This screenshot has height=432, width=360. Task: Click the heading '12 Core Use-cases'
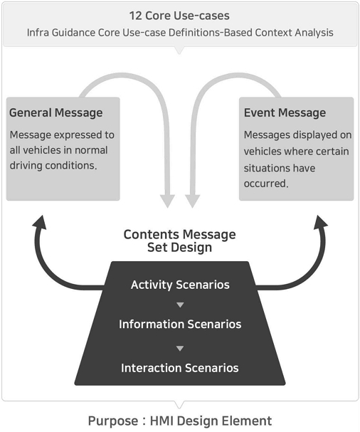pyautogui.click(x=179, y=16)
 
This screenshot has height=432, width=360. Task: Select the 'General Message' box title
pyautogui.click(x=56, y=112)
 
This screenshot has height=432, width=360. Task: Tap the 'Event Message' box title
pyautogui.click(x=285, y=112)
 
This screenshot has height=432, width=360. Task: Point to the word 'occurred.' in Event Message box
pyautogui.click(x=266, y=183)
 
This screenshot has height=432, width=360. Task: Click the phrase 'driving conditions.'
pyautogui.click(x=53, y=165)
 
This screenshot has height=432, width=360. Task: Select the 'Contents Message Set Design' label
pyautogui.click(x=179, y=241)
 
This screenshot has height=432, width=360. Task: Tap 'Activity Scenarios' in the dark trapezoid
pyautogui.click(x=180, y=285)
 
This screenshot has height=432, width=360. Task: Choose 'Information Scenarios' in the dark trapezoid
pyautogui.click(x=180, y=324)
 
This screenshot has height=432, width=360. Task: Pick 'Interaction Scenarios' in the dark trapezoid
pyautogui.click(x=180, y=368)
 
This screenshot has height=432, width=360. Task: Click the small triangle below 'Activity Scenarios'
pyautogui.click(x=180, y=305)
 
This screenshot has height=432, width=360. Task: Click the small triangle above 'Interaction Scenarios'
pyautogui.click(x=180, y=349)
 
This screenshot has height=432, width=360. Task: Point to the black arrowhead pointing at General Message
pyautogui.click(x=40, y=222)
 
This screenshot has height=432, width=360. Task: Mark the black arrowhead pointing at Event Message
pyautogui.click(x=321, y=222)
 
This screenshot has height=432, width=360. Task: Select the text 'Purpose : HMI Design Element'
pyautogui.click(x=180, y=421)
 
